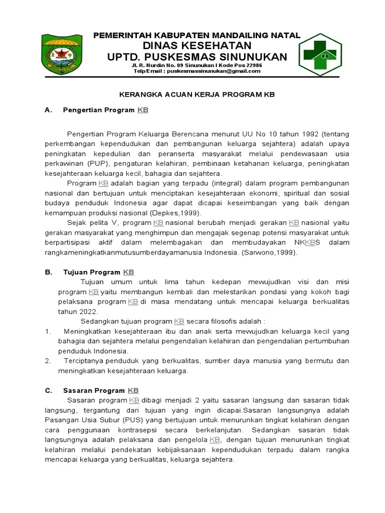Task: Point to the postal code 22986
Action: click(x=251, y=65)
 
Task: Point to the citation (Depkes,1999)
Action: click(x=161, y=212)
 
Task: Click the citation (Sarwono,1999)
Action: click(x=270, y=252)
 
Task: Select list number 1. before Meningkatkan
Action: click(x=48, y=331)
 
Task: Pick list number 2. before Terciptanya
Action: click(x=48, y=361)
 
